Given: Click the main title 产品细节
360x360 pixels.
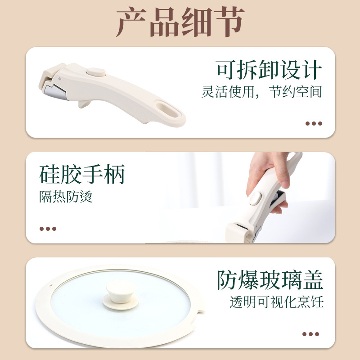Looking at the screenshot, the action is point(180,22).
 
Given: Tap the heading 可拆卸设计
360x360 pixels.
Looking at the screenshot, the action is point(269,70).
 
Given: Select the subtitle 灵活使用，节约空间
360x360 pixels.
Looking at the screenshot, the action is point(262,92).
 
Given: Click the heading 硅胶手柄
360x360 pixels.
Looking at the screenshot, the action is point(82,174).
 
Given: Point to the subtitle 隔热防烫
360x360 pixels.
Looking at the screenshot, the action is point(66,197).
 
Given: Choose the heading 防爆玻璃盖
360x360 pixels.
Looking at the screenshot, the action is point(270,279).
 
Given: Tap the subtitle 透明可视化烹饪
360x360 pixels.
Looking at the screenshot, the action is point(277,301).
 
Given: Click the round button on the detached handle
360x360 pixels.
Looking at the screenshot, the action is point(96,72).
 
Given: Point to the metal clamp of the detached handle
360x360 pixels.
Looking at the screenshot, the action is point(55,92).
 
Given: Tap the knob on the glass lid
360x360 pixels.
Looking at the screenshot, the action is point(121,295).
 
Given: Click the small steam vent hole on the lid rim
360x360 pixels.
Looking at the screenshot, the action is point(51,286).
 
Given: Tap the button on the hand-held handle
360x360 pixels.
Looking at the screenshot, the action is point(255,198).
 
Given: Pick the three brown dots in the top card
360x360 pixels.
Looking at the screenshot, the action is point(314,123).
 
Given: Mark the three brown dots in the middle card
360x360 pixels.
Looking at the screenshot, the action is point(48,229).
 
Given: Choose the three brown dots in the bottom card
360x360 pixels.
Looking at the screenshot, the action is point(310,334).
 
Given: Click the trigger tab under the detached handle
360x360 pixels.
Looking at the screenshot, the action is point(84,104).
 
